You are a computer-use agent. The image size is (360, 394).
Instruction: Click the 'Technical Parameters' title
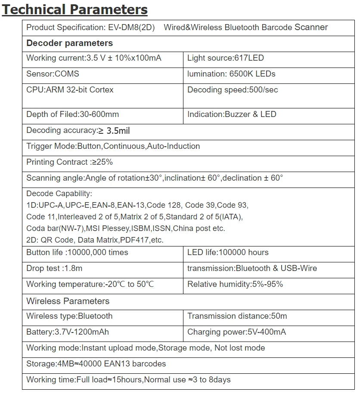pos(75,9)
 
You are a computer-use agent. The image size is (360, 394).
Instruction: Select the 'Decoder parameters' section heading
pos(69,43)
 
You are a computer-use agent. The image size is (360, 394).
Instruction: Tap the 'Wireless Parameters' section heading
pos(68,301)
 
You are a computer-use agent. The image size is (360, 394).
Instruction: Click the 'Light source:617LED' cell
pos(225,58)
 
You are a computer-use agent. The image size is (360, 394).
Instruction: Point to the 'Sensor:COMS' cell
pos(53,74)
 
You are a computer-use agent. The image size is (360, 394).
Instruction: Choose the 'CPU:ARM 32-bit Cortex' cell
pos(70,90)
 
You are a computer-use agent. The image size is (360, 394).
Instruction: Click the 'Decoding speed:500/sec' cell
pos(233,90)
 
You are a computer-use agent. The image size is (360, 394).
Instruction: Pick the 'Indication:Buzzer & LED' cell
pos(232,114)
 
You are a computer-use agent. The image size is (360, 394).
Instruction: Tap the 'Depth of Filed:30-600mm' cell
pos(72,114)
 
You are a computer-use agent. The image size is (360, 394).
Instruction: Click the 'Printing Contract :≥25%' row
pos(69,162)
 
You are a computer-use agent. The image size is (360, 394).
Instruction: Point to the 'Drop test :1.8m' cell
pos(54,268)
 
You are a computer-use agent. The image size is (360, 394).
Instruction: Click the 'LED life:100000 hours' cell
pos(228,252)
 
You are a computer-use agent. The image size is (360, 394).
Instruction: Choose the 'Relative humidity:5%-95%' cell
pos(235,284)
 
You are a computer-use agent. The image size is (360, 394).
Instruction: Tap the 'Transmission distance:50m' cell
pos(237,316)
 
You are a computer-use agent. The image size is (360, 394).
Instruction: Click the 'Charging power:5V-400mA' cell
pos(236,332)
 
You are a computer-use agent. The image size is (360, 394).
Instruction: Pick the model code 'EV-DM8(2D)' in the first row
pos(131,28)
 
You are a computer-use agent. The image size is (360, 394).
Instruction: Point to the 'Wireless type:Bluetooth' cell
pos(69,316)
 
